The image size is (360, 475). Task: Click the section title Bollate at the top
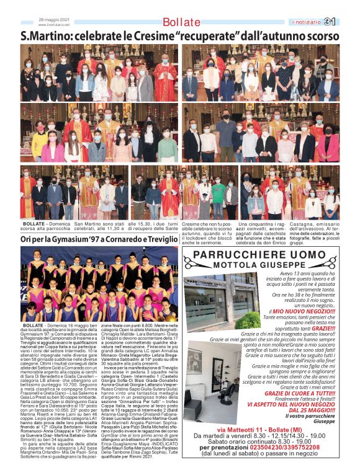click(181, 22)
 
